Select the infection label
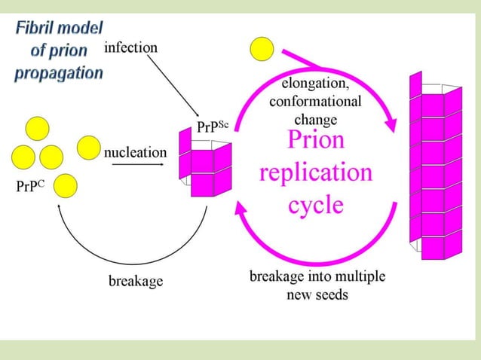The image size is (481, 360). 130,47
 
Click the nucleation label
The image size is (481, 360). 136,152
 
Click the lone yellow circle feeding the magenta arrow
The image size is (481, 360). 262,49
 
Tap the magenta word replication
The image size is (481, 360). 316,172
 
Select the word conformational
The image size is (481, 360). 315,102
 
